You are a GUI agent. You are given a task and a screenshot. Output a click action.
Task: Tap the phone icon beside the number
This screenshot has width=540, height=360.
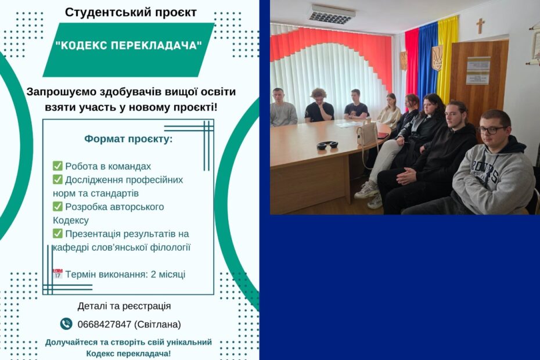pos(66,324)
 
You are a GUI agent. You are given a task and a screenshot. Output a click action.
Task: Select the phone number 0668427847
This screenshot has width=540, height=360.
pos(105,324)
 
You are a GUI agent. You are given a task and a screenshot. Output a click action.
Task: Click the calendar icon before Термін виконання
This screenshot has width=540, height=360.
pos(57,274)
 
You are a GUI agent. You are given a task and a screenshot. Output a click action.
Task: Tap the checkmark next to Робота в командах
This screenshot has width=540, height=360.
pos(57,165)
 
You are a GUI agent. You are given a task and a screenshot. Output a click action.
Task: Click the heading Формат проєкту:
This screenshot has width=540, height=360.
pos(128,139)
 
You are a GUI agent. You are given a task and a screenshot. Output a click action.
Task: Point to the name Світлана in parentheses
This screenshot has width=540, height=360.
pos(157,324)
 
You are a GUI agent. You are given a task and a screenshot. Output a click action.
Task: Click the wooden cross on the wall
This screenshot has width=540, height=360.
pos(480,26)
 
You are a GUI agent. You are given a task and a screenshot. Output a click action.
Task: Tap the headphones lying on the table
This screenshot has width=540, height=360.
pos(327,145)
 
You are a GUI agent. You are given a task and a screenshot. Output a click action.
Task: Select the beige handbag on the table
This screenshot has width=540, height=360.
pos(367,132)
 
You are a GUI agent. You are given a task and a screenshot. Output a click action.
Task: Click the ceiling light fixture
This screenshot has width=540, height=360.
pos(332,15)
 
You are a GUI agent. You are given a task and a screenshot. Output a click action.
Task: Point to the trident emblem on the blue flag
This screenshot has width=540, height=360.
pos(437,58)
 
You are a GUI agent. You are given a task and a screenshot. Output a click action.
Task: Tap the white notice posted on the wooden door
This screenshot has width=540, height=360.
pos(478,71)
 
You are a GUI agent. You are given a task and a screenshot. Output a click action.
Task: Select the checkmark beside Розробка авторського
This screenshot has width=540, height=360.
pos(57,206)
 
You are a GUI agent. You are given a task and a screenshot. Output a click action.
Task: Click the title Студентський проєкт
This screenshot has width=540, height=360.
pos(131,12)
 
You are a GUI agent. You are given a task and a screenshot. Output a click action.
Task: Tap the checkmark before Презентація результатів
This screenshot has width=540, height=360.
pos(57,233)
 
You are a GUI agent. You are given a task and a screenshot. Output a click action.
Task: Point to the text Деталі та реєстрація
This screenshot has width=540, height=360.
pos(124,306)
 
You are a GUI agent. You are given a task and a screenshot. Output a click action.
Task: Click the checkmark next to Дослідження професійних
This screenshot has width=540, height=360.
pos(57,179)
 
